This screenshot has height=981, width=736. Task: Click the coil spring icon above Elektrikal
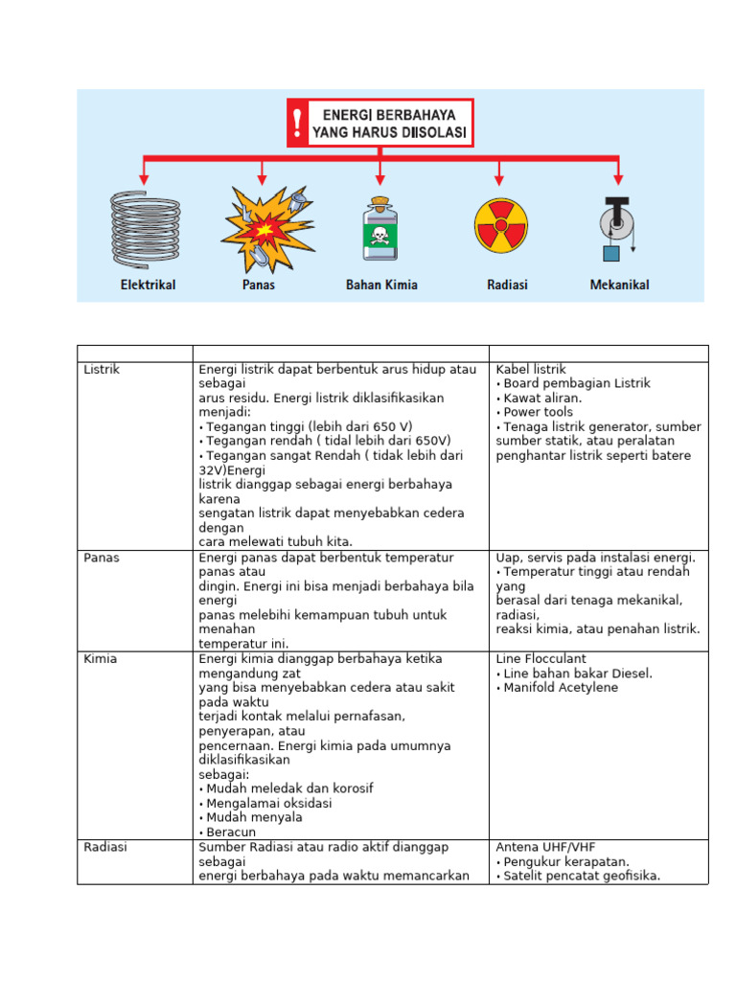145,229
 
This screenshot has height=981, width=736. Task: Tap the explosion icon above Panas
261,230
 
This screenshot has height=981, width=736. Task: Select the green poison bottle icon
379,230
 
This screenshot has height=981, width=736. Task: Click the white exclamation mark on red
298,123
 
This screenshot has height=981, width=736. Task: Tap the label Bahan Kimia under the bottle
381,285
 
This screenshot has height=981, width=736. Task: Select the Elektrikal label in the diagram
148,285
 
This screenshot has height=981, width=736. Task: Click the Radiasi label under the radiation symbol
507,285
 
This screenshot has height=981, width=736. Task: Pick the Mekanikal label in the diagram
619,285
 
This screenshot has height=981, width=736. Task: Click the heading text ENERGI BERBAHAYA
389,114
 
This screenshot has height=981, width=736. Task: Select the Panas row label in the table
102,558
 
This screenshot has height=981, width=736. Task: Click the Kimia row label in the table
101,659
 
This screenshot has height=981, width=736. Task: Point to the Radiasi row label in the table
105,847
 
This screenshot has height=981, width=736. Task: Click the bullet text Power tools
538,412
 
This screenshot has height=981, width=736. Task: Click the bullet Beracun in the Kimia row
230,833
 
